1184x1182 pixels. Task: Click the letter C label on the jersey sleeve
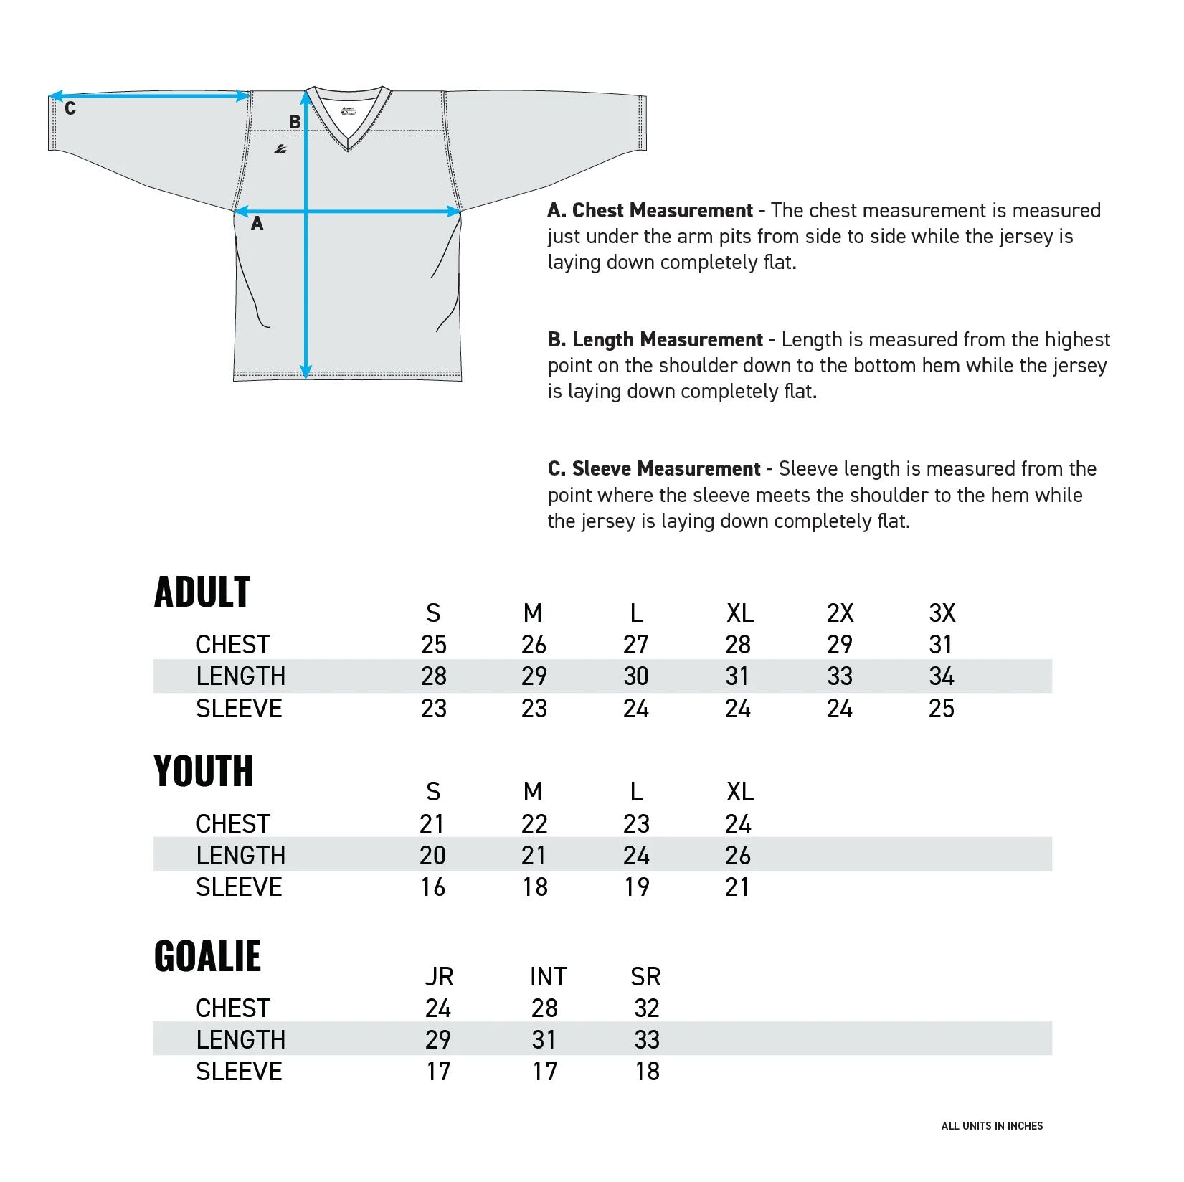click(70, 109)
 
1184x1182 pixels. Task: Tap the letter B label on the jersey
click(295, 122)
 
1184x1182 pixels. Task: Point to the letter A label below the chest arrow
click(257, 224)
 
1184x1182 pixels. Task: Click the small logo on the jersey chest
click(280, 149)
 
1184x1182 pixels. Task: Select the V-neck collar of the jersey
click(348, 118)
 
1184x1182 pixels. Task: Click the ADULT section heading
click(202, 592)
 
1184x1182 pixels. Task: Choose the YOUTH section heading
click(204, 771)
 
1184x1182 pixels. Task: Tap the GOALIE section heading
click(207, 956)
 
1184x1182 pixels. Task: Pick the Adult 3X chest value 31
click(941, 645)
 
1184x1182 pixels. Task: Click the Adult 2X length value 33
click(840, 676)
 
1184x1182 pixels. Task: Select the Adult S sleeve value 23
click(434, 709)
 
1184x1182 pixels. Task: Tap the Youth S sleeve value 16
click(433, 887)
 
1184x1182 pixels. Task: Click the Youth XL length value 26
click(738, 856)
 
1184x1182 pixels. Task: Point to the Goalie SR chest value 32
click(647, 1008)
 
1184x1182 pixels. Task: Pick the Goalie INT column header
click(548, 977)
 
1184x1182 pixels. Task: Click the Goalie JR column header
click(439, 977)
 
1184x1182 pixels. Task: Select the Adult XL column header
click(740, 613)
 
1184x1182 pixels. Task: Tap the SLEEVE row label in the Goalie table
click(239, 1072)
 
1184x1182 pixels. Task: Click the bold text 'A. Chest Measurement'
click(650, 211)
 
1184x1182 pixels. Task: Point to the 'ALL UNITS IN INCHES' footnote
click(992, 1126)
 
